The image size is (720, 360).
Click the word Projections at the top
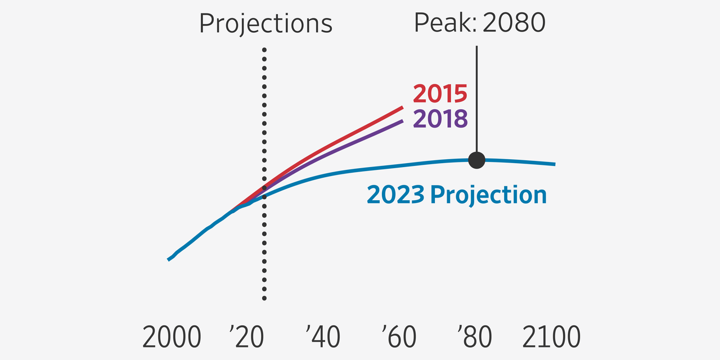coord(265,24)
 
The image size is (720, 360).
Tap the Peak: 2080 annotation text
coord(480,22)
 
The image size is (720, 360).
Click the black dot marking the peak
coord(476,160)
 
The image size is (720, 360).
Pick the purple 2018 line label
coord(440,119)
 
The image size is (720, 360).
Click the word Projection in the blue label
coord(488,195)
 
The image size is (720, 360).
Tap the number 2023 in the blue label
coord(395,195)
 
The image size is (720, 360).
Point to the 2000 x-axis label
coord(172,337)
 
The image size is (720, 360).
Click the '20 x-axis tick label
coord(246,337)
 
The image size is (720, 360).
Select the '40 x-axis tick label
coord(322,337)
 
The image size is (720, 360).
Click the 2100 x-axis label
coord(551,337)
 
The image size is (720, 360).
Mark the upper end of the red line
coord(402,107)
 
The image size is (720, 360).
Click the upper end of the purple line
coord(402,121)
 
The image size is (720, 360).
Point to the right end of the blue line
coord(554,164)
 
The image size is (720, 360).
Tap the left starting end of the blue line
coord(169,259)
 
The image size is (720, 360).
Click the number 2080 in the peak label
coord(512,22)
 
